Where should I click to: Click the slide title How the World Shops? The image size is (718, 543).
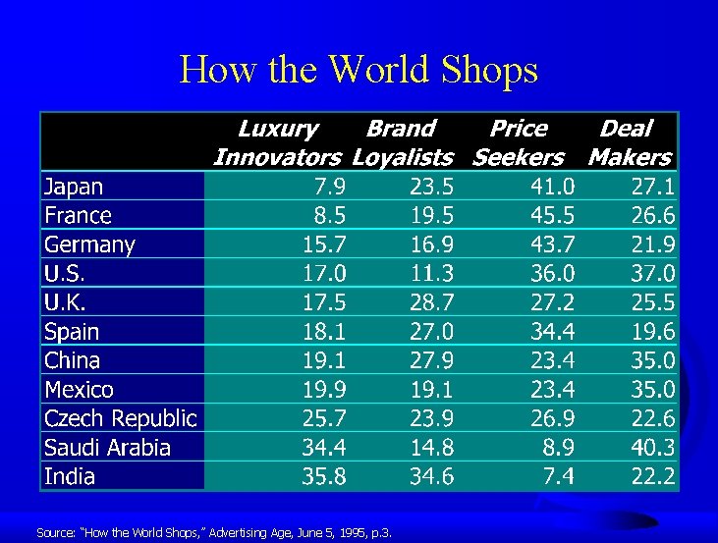[359, 71]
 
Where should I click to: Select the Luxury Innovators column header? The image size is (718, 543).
[278, 143]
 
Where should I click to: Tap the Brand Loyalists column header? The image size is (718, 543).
[403, 143]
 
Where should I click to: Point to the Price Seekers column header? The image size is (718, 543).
[519, 143]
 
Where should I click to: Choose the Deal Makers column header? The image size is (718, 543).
[630, 143]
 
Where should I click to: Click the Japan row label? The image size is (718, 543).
[74, 188]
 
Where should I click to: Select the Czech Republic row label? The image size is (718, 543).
[121, 419]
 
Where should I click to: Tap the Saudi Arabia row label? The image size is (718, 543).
[107, 448]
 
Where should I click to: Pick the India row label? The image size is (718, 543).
[70, 476]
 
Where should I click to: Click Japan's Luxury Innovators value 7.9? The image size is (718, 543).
[329, 187]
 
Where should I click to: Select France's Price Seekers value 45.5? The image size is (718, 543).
[552, 216]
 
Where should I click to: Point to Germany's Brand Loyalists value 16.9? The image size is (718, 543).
[431, 244]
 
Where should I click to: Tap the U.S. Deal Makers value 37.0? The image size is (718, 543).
[652, 274]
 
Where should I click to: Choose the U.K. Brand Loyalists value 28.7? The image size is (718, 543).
[431, 302]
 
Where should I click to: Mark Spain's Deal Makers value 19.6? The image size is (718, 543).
[653, 332]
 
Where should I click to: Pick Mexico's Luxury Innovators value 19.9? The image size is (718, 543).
[324, 390]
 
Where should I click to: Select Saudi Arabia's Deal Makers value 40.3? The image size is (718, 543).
[652, 448]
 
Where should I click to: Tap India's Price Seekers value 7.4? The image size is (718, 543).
[558, 476]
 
